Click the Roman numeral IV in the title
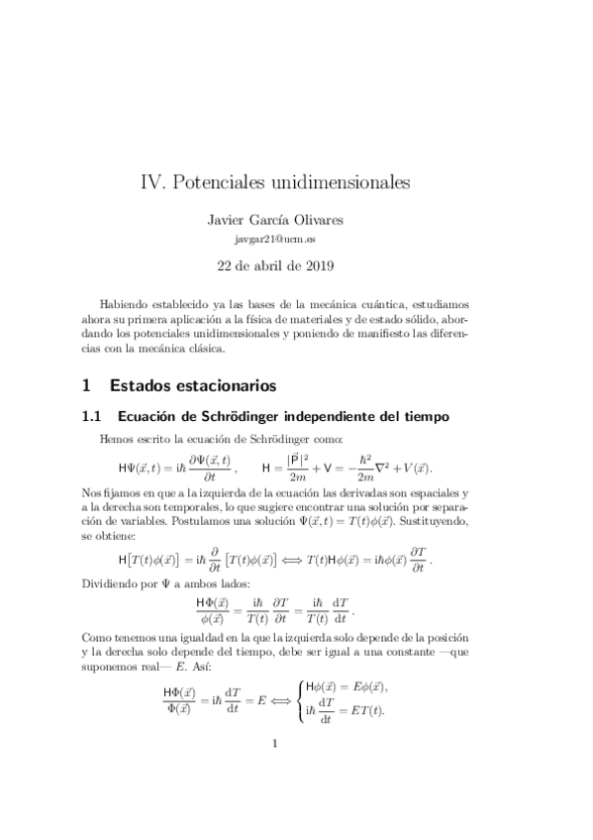tap(153, 183)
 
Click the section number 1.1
tap(93, 416)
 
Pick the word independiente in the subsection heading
tap(342, 416)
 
